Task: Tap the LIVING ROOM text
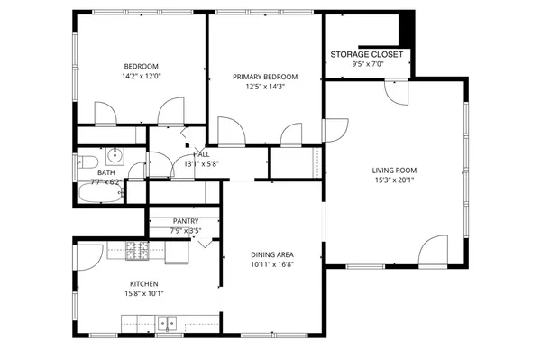393,170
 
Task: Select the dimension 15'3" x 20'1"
393,180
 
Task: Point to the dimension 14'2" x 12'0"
141,77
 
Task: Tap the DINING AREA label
272,254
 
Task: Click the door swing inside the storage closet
394,88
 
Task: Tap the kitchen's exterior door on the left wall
87,257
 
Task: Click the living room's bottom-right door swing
434,250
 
